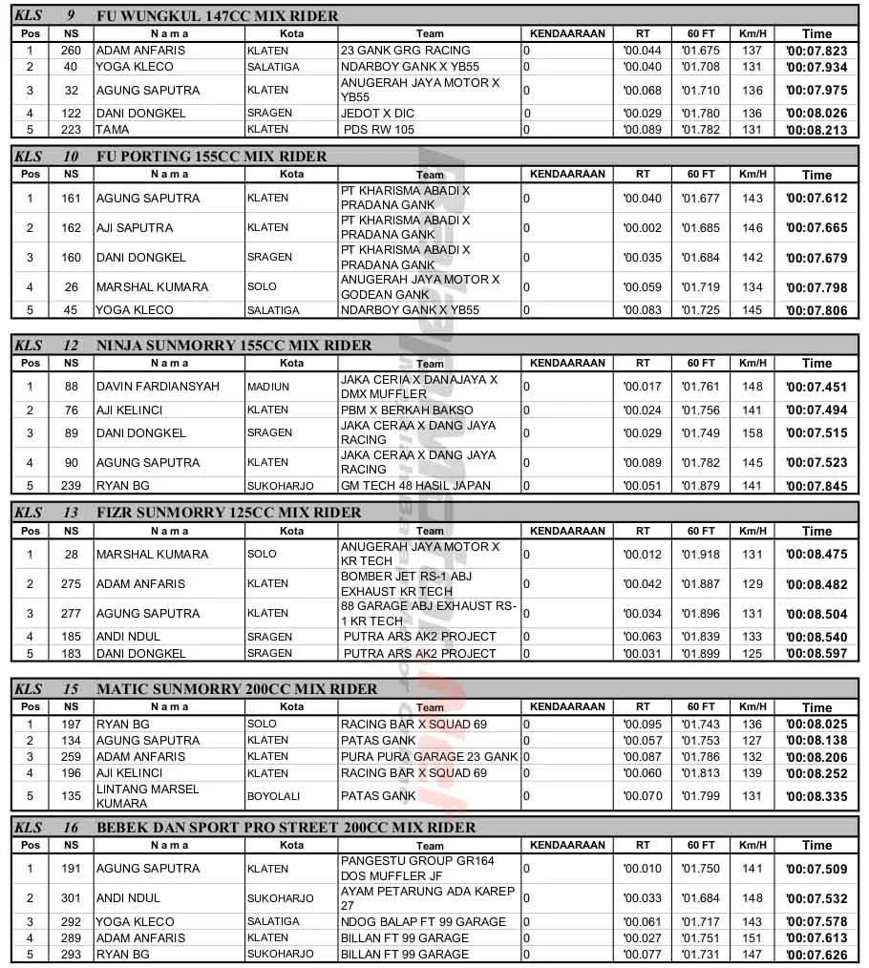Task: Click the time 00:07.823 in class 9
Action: click(x=816, y=52)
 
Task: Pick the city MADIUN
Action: click(x=268, y=387)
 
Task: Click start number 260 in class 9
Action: click(x=71, y=51)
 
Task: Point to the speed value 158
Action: click(x=752, y=432)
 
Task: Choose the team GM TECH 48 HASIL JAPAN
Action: click(x=415, y=485)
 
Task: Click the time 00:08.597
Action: click(x=816, y=654)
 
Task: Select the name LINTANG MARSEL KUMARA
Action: click(x=147, y=796)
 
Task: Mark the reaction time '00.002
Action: click(x=642, y=228)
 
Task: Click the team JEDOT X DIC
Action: click(x=377, y=113)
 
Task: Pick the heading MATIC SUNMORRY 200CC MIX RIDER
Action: click(x=237, y=689)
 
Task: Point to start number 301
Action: click(x=71, y=898)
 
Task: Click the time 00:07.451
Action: click(x=816, y=387)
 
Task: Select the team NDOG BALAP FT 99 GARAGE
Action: click(x=423, y=922)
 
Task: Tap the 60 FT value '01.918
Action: click(x=700, y=555)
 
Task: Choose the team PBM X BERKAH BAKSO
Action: click(x=407, y=410)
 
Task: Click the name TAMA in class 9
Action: click(x=112, y=130)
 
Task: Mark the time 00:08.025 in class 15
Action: click(x=816, y=725)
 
